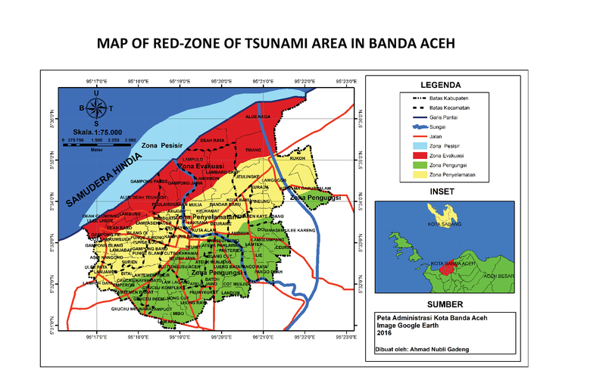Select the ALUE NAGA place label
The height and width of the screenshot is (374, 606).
pos(258,117)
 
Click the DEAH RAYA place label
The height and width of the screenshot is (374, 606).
pos(212,140)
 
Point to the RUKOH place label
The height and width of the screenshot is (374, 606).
pos(298,159)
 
